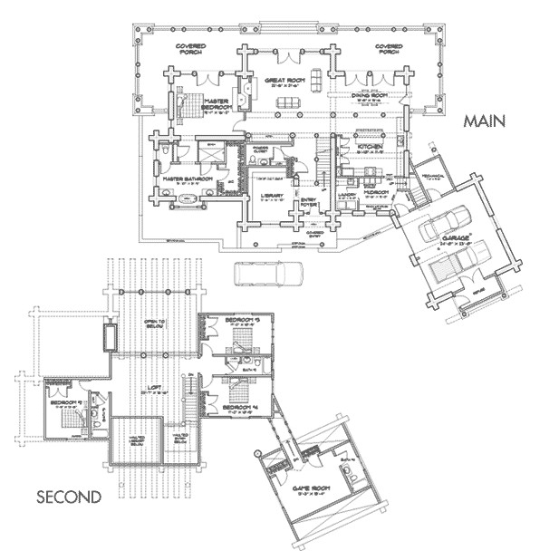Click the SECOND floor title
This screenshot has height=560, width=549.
pos(68,497)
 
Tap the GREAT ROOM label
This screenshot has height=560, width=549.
pos(282,81)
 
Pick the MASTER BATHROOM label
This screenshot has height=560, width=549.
pos(188,179)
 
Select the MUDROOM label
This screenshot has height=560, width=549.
pos(377,192)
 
